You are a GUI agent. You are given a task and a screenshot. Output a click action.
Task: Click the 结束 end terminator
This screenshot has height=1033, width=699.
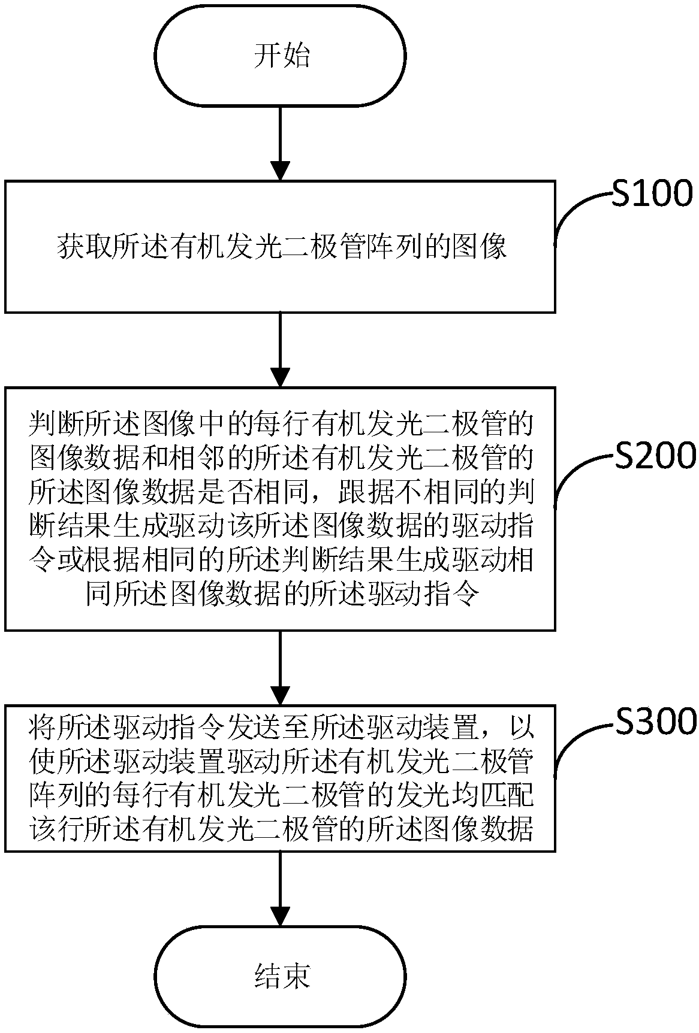(281, 977)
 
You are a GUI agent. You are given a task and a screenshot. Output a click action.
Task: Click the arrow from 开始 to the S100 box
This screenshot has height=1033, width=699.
(281, 144)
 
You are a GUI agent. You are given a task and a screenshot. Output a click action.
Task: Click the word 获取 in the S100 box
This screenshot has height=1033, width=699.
(83, 247)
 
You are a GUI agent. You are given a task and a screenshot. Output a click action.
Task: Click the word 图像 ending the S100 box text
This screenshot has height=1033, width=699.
(480, 247)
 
